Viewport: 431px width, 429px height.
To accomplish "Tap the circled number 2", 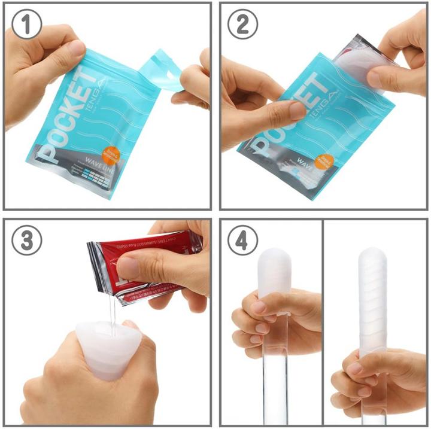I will pyautogui.click(x=243, y=25).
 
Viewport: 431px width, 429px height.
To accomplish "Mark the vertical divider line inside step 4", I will pyautogui.click(x=323, y=323).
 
